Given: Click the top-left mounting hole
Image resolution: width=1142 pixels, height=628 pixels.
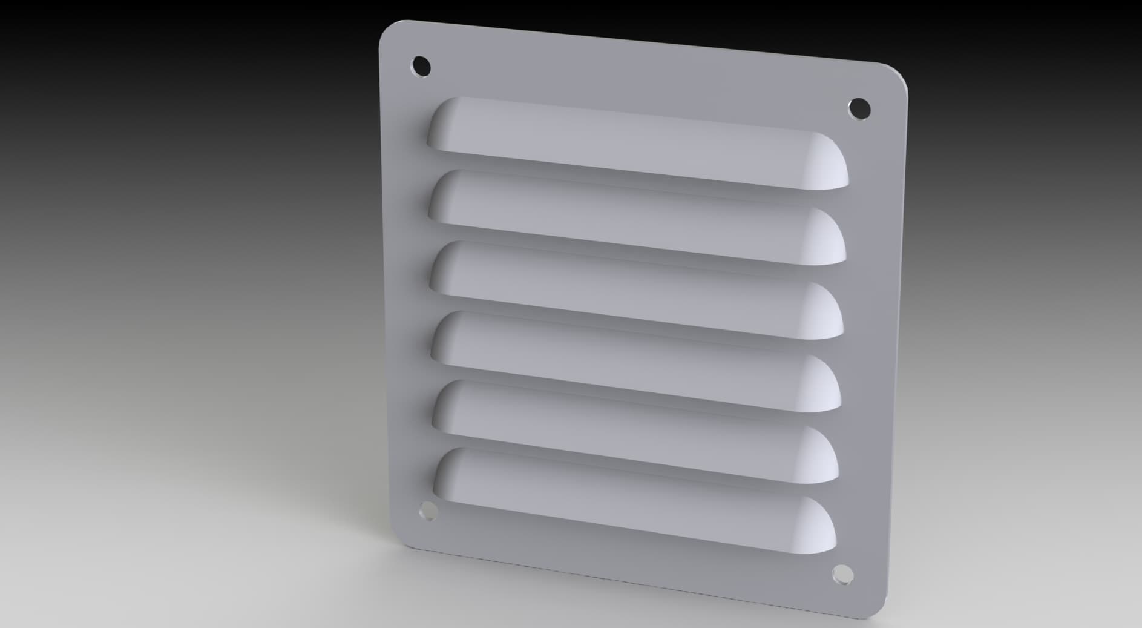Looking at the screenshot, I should [421, 65].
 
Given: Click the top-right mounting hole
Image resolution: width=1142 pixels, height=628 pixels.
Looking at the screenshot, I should [859, 109].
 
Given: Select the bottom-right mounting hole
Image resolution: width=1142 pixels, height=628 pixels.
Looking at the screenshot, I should [842, 574].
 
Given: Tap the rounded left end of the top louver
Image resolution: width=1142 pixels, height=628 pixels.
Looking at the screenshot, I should [442, 124].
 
